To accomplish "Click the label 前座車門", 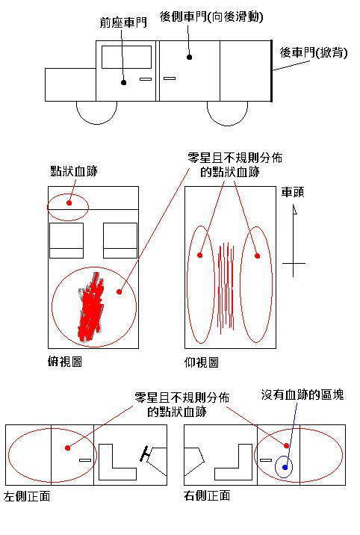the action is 123,22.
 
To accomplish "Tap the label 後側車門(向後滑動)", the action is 211,16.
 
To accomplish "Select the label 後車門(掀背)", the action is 314,52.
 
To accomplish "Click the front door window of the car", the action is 126,58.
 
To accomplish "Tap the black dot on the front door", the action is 124,83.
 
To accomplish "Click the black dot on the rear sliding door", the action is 189,57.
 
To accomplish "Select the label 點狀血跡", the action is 74,171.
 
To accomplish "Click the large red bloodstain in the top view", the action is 90,307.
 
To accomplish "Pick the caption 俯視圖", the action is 65,362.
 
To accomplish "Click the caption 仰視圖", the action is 202,362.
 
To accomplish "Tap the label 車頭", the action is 293,193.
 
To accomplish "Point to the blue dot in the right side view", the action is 285,468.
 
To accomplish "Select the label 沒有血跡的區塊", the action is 302,395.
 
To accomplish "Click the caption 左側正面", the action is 27,496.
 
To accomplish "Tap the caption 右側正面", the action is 207,495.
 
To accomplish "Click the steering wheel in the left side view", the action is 146,454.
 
